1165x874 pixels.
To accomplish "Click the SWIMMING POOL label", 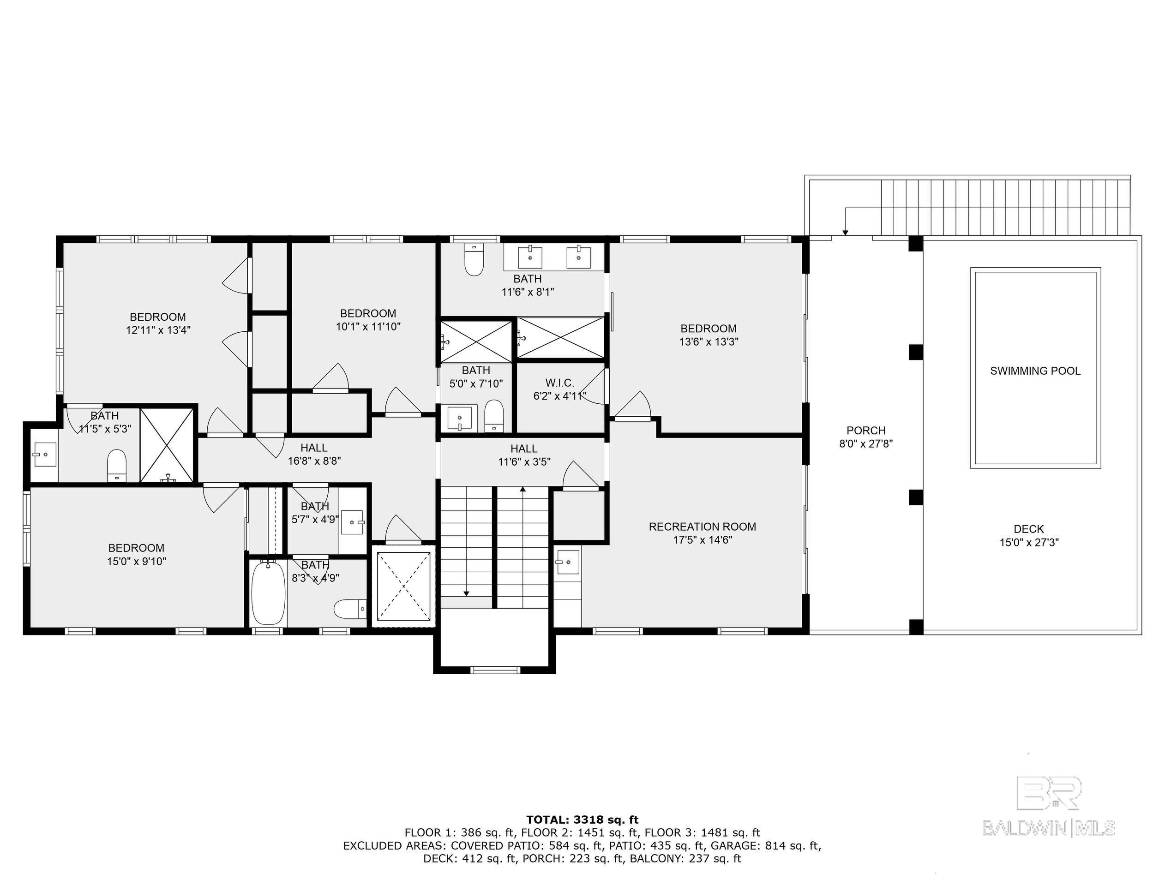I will coord(1034,371).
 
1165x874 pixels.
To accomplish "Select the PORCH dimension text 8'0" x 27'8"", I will coord(865,444).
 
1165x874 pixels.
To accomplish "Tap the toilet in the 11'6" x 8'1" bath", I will coord(474,259).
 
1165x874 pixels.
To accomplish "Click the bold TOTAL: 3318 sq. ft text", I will coord(582,820).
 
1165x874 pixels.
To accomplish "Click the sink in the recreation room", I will coord(567,563).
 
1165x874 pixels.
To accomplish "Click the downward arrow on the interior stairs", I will coord(466,593).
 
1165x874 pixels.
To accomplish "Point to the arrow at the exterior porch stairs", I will coord(845,232).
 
